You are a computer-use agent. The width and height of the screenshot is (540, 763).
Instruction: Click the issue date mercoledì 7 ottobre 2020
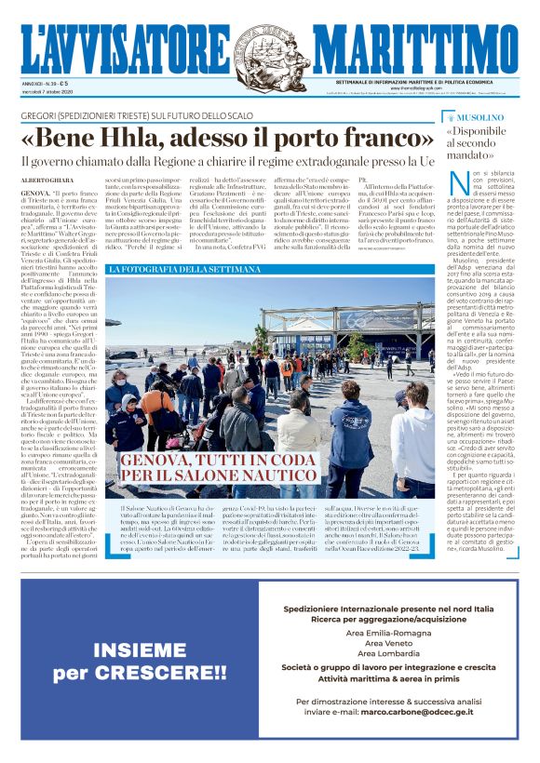click(50, 92)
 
